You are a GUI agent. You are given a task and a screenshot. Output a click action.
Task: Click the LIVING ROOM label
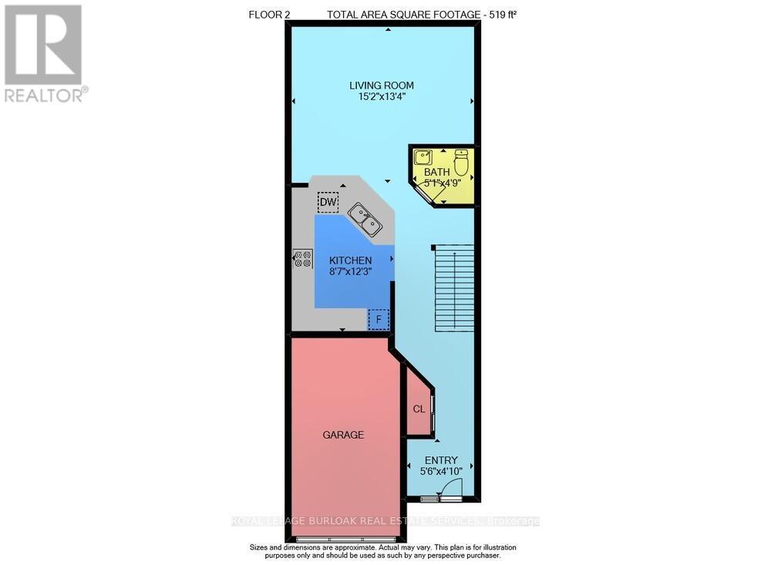coord(381,86)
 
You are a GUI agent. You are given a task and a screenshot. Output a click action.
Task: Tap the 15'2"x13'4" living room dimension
coord(382,97)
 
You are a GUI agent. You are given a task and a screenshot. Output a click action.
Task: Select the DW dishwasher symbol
coord(328,202)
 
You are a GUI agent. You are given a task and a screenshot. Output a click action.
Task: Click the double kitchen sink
coord(365,220)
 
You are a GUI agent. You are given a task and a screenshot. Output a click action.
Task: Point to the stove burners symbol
coord(303,259)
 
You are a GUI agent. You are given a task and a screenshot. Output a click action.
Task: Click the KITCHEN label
coord(351,261)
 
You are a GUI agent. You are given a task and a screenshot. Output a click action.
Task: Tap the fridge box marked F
coord(379,320)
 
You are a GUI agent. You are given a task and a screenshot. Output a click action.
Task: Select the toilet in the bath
coord(461,163)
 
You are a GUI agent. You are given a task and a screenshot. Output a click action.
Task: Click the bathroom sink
coord(423,157)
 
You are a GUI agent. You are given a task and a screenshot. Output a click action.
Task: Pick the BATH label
coord(436,172)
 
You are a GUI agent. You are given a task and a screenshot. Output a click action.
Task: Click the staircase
coord(454,288)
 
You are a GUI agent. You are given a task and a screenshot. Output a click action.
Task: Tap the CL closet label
coord(419,409)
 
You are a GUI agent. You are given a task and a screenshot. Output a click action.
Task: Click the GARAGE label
coord(343,435)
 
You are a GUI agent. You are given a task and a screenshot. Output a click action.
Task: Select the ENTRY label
coord(441,460)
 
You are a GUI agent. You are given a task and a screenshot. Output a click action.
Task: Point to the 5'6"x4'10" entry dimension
coord(441,471)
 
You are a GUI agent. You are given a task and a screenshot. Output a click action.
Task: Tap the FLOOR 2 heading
coord(269,15)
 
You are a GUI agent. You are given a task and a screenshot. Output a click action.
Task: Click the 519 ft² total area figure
coord(503,15)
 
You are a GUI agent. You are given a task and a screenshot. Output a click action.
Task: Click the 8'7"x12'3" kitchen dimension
coord(351,271)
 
